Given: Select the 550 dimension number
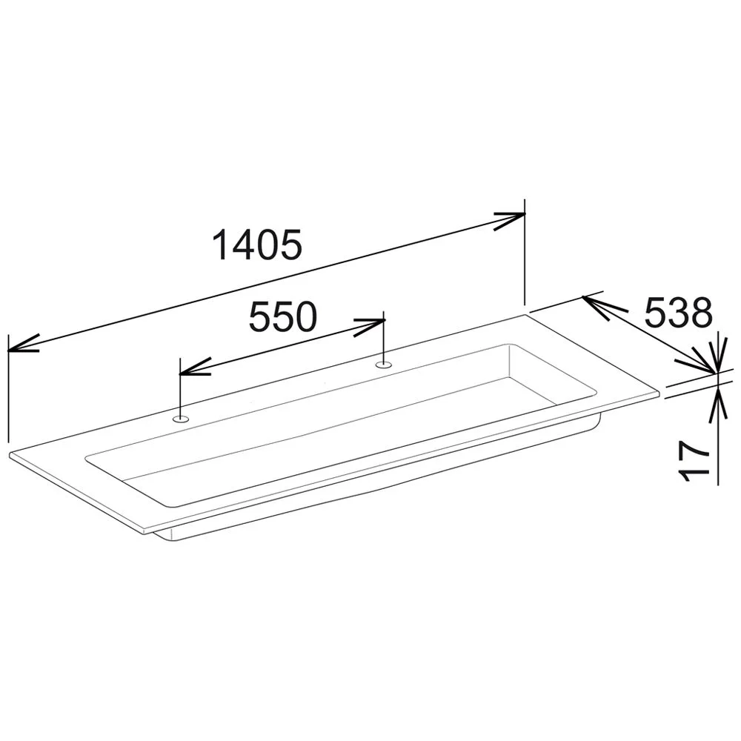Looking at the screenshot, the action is [282, 316].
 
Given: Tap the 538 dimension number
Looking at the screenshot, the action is [678, 313].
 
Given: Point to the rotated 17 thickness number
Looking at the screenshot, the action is [694, 462].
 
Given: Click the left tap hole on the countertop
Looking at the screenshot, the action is [181, 418].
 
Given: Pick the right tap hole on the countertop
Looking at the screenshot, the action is [383, 365].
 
